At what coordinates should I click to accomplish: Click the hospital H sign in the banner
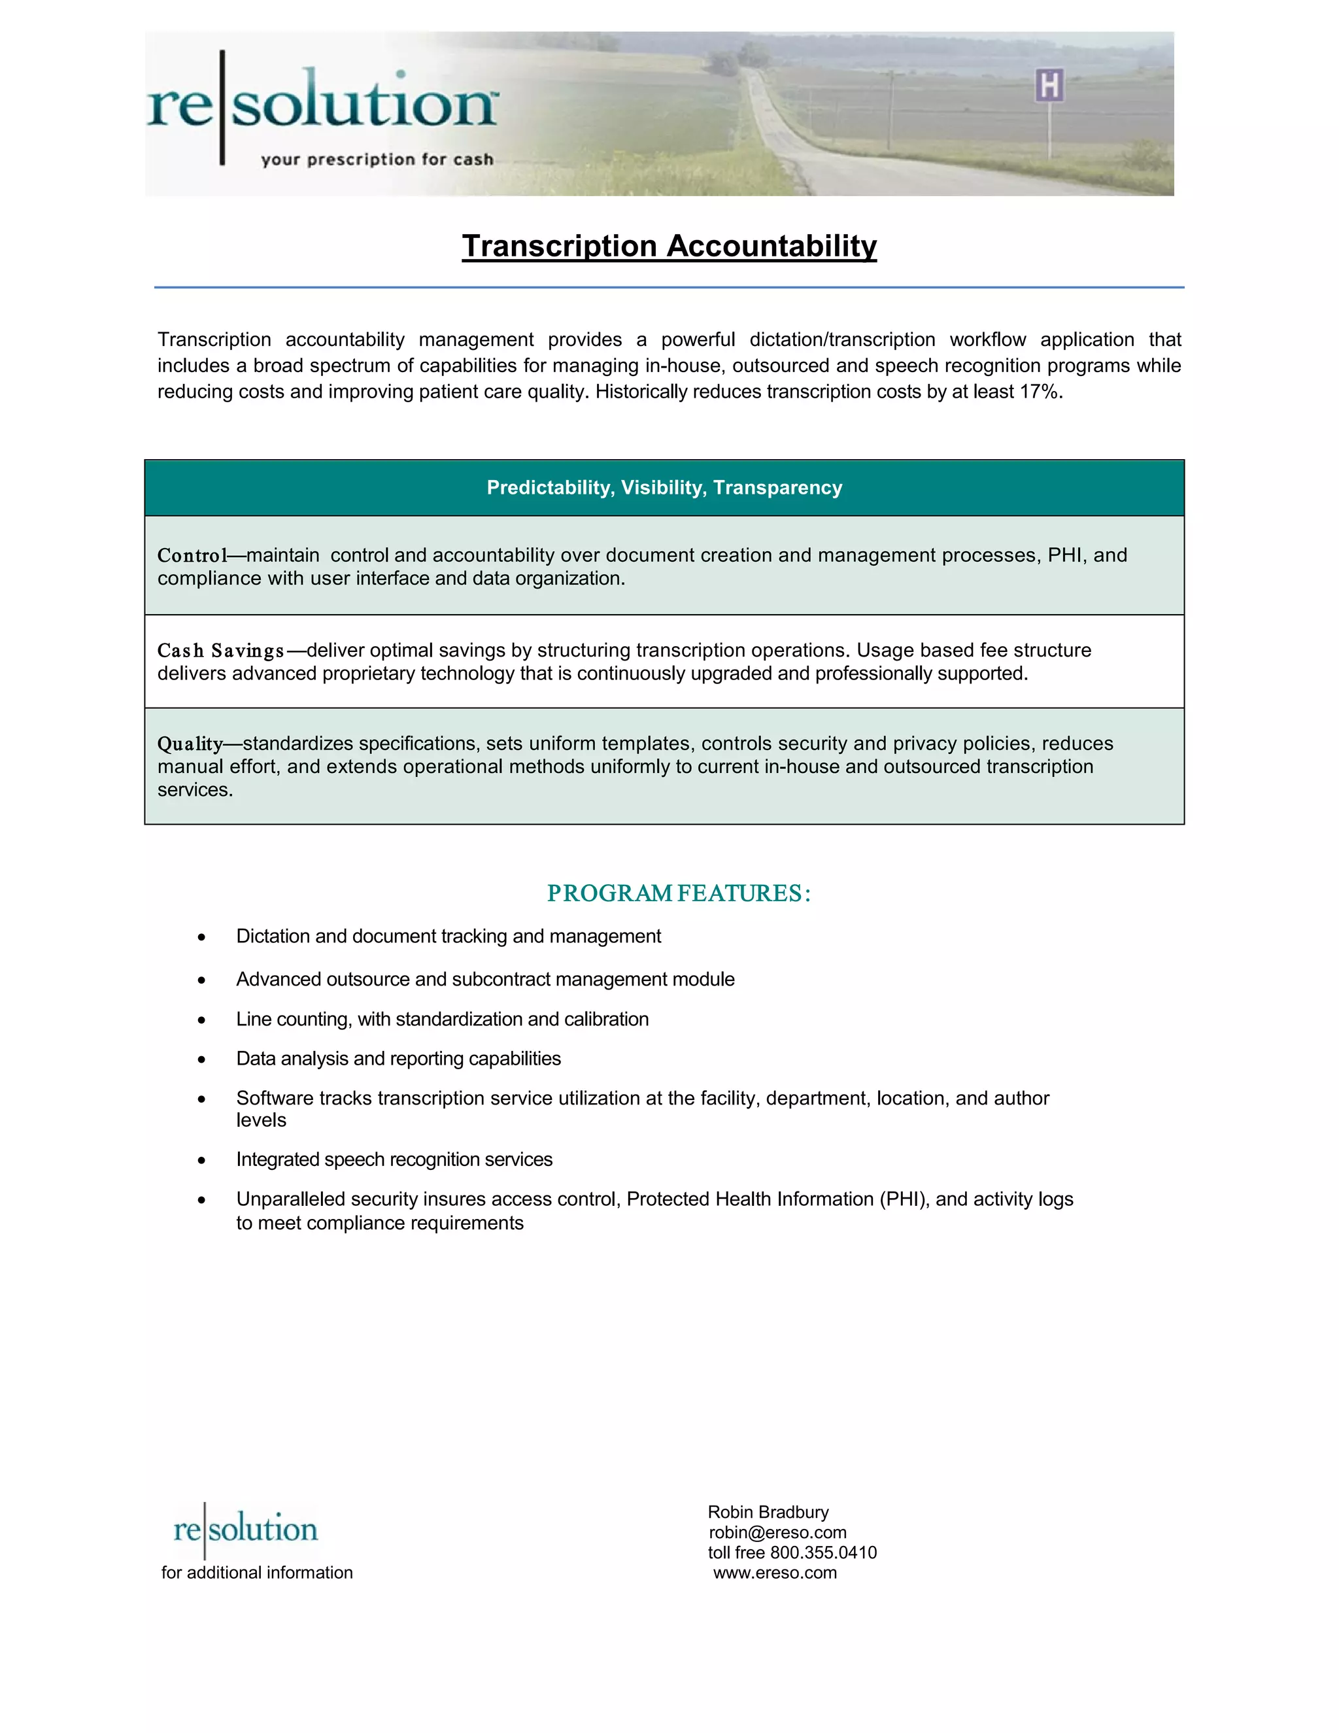coord(1049,86)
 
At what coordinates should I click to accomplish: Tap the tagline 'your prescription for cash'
coord(377,160)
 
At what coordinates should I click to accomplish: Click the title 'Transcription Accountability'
coord(669,246)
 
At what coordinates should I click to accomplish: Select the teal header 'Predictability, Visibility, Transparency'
coord(664,488)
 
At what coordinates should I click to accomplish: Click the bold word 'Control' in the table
coord(192,555)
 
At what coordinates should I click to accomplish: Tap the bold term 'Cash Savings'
coord(220,651)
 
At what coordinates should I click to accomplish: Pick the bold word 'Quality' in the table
coord(190,744)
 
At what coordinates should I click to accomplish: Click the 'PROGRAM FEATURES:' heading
coord(678,893)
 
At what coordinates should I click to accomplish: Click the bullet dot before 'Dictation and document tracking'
coord(201,938)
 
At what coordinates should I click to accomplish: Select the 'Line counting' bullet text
coord(442,1020)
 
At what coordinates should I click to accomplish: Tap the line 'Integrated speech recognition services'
coord(394,1160)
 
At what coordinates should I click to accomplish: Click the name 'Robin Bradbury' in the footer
coord(768,1513)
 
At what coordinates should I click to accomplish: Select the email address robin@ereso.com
coord(777,1533)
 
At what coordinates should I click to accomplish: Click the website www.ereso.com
coord(775,1573)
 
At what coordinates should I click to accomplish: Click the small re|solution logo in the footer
coord(245,1529)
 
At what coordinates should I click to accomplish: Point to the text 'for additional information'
coord(257,1573)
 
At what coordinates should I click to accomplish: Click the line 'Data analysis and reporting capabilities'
coord(398,1059)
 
